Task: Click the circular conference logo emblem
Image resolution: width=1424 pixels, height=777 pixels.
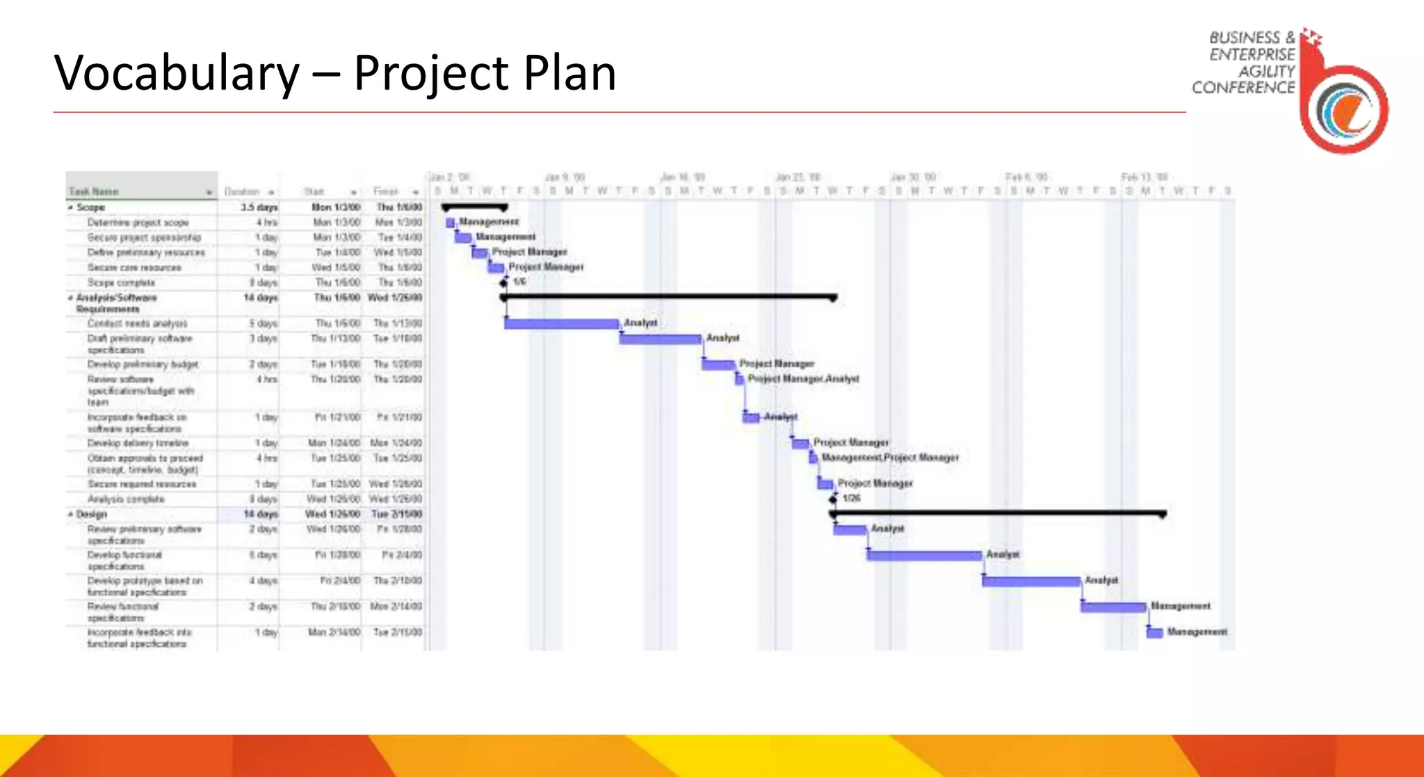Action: pos(1345,110)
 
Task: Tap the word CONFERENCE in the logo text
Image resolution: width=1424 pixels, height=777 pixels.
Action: pos(1243,88)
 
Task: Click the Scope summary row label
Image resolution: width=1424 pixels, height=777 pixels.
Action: pos(90,207)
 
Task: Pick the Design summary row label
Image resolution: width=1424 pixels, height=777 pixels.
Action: pos(91,514)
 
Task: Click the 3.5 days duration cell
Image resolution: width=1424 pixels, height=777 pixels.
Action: pos(259,207)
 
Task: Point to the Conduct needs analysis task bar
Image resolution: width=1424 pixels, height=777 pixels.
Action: pos(561,323)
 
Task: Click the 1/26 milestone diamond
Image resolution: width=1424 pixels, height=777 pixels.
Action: pos(833,499)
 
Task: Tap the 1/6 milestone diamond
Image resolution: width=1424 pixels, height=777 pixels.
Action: pos(504,282)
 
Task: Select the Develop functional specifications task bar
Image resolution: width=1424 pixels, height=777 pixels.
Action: pos(924,555)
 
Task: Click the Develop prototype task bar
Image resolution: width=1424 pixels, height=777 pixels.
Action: pos(1031,581)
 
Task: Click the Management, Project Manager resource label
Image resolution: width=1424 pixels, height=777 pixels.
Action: pos(890,458)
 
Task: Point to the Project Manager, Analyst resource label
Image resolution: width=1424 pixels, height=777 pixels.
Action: pos(803,379)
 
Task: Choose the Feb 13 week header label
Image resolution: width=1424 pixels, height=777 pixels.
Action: pos(1144,177)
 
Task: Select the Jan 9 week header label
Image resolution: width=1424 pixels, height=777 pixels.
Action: pos(565,177)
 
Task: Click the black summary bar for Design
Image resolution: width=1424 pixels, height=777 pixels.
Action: pos(998,513)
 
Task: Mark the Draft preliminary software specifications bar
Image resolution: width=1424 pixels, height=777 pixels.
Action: pos(661,339)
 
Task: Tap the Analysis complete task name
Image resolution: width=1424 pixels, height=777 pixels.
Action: pos(126,499)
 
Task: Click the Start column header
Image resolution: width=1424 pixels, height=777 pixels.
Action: pos(314,192)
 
